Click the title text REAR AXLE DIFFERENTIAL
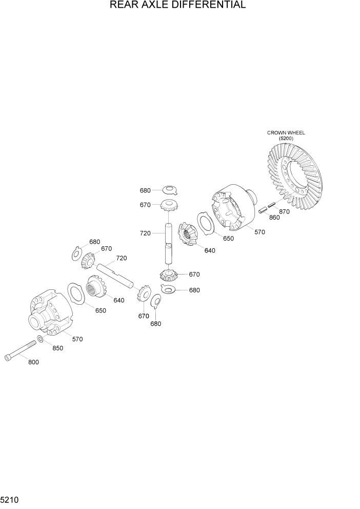177,5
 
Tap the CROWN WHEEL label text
286,133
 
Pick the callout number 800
33,362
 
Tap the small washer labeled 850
40,339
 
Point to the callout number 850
57,348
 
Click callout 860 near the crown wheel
274,218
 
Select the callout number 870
284,211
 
